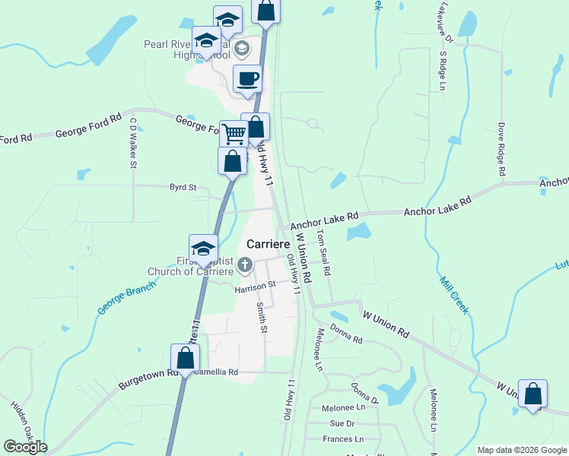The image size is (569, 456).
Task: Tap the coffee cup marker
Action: (x=247, y=79)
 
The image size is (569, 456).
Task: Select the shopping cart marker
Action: (x=234, y=135)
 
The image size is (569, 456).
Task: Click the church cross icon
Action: (x=244, y=265)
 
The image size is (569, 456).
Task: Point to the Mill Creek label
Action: (x=455, y=294)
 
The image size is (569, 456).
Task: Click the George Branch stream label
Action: (x=126, y=299)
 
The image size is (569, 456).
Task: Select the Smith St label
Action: (x=262, y=318)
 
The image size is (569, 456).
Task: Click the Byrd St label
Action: (x=183, y=186)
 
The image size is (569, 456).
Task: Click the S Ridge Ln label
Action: (x=442, y=71)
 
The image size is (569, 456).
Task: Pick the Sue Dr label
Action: (x=342, y=423)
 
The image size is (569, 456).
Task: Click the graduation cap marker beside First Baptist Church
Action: (x=203, y=248)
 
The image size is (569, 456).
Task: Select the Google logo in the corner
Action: (x=25, y=447)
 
